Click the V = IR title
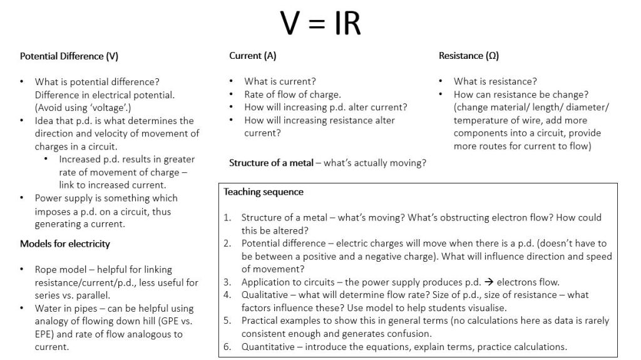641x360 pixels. point(320,23)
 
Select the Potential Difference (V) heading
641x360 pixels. point(69,56)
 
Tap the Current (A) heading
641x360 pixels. point(252,56)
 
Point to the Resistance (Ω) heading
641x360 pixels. point(468,56)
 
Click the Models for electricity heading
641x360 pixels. point(64,244)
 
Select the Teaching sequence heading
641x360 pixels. point(264,192)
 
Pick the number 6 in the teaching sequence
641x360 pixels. point(227,346)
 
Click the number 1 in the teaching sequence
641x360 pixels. point(227,218)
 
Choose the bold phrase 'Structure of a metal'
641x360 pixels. point(270,163)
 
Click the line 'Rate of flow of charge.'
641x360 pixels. point(292,95)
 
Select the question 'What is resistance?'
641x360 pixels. point(495,81)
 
